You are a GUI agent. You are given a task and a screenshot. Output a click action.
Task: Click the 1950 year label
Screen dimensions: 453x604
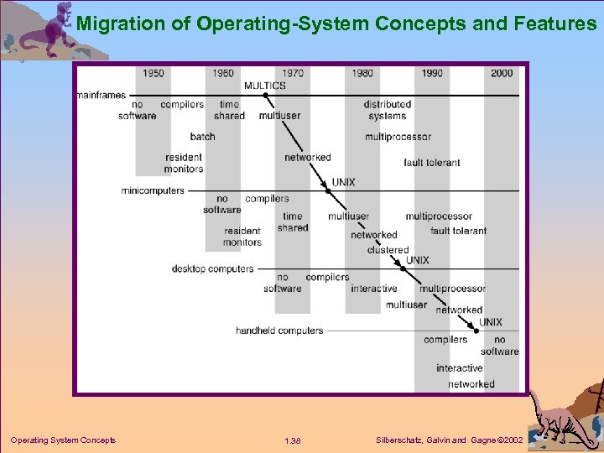point(153,73)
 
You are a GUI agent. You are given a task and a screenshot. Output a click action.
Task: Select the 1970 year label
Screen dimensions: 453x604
point(293,73)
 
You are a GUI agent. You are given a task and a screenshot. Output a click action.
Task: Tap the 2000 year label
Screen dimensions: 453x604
point(502,73)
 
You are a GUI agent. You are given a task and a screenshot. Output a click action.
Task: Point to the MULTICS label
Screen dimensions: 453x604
point(264,85)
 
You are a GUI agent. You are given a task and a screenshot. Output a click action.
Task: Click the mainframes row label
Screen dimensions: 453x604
point(101,96)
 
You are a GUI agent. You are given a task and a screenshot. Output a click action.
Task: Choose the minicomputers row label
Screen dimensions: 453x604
point(152,190)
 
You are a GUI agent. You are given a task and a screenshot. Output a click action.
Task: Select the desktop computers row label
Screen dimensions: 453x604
point(212,269)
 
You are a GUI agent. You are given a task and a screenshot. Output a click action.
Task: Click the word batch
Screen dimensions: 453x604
point(202,137)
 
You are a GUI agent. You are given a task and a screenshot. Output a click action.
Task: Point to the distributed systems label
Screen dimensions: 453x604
point(387,111)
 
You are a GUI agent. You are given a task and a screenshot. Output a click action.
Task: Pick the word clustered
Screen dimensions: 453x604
point(388,250)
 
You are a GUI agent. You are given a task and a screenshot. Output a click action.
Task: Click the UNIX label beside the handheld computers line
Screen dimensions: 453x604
point(491,322)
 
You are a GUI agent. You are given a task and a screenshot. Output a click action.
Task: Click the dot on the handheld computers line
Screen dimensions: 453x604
point(476,331)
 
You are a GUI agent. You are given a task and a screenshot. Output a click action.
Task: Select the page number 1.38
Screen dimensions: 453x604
point(293,440)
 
